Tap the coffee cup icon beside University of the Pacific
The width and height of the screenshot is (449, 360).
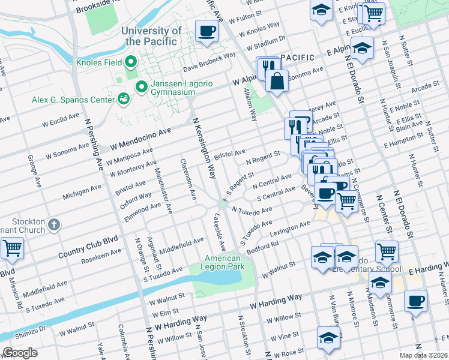(207, 31)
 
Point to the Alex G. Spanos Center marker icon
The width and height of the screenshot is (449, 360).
(124, 98)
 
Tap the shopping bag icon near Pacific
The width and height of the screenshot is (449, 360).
(276, 81)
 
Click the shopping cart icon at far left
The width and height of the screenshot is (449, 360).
(11, 248)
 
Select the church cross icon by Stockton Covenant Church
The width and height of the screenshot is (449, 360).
(54, 225)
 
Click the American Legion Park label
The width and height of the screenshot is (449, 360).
(224, 262)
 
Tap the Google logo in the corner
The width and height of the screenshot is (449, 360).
(20, 353)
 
